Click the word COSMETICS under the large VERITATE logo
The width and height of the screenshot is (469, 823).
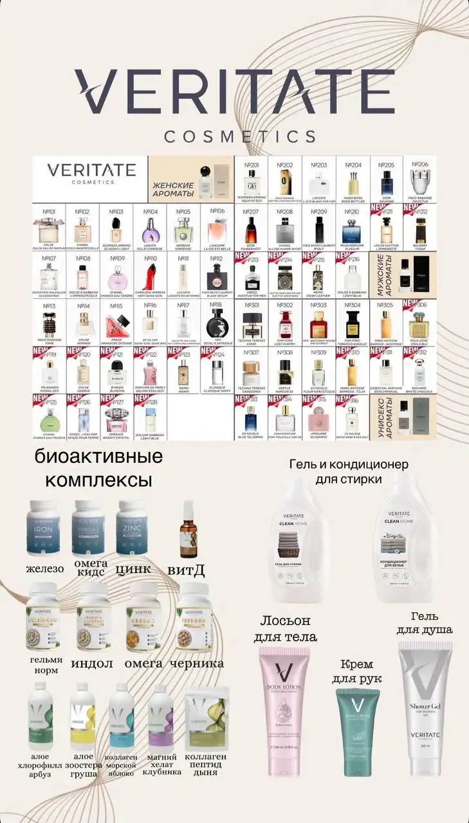pyautogui.click(x=239, y=136)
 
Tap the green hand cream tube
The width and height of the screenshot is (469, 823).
pyautogui.click(x=358, y=723)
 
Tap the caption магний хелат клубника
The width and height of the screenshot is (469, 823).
pyautogui.click(x=161, y=766)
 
